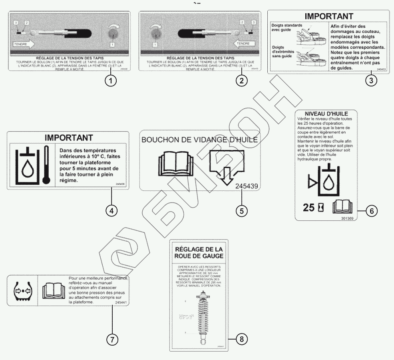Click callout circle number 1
pyautogui.click(x=111, y=80)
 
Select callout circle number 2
pyautogui.click(x=241, y=80)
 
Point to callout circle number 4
pyautogui.click(x=111, y=210)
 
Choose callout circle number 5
pyautogui.click(x=241, y=210)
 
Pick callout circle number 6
pyautogui.click(x=371, y=210)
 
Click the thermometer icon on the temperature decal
pyautogui.click(x=46, y=164)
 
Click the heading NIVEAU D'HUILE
pyautogui.click(x=326, y=114)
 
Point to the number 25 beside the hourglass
pyautogui.click(x=309, y=207)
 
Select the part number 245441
pyautogui.click(x=121, y=303)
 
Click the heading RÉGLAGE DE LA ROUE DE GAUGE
pyautogui.click(x=199, y=252)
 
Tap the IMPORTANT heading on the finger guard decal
pyautogui.click(x=328, y=16)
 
